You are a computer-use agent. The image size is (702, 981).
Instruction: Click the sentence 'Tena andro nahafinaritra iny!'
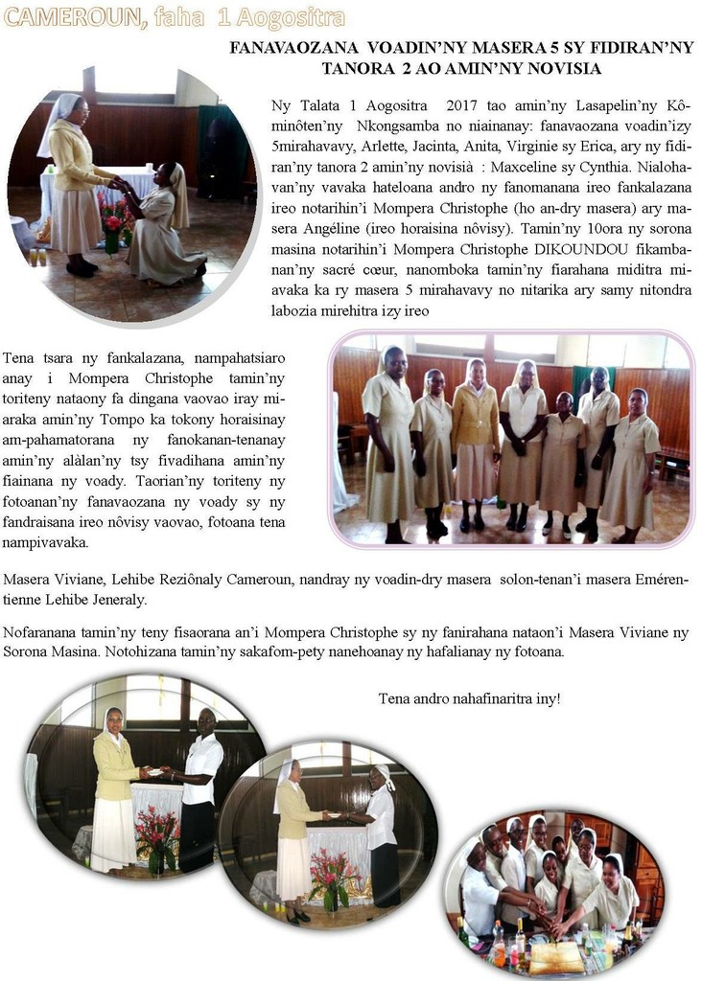pos(469,698)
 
